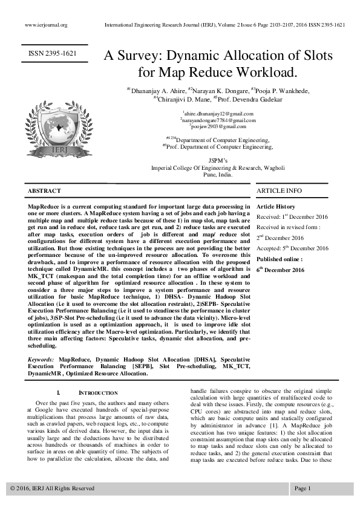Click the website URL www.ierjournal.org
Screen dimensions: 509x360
coord(46,25)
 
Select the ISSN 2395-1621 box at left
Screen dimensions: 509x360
coord(53,54)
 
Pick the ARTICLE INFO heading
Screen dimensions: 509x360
coord(279,191)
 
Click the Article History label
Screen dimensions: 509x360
coord(276,207)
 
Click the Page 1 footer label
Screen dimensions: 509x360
coord(303,488)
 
